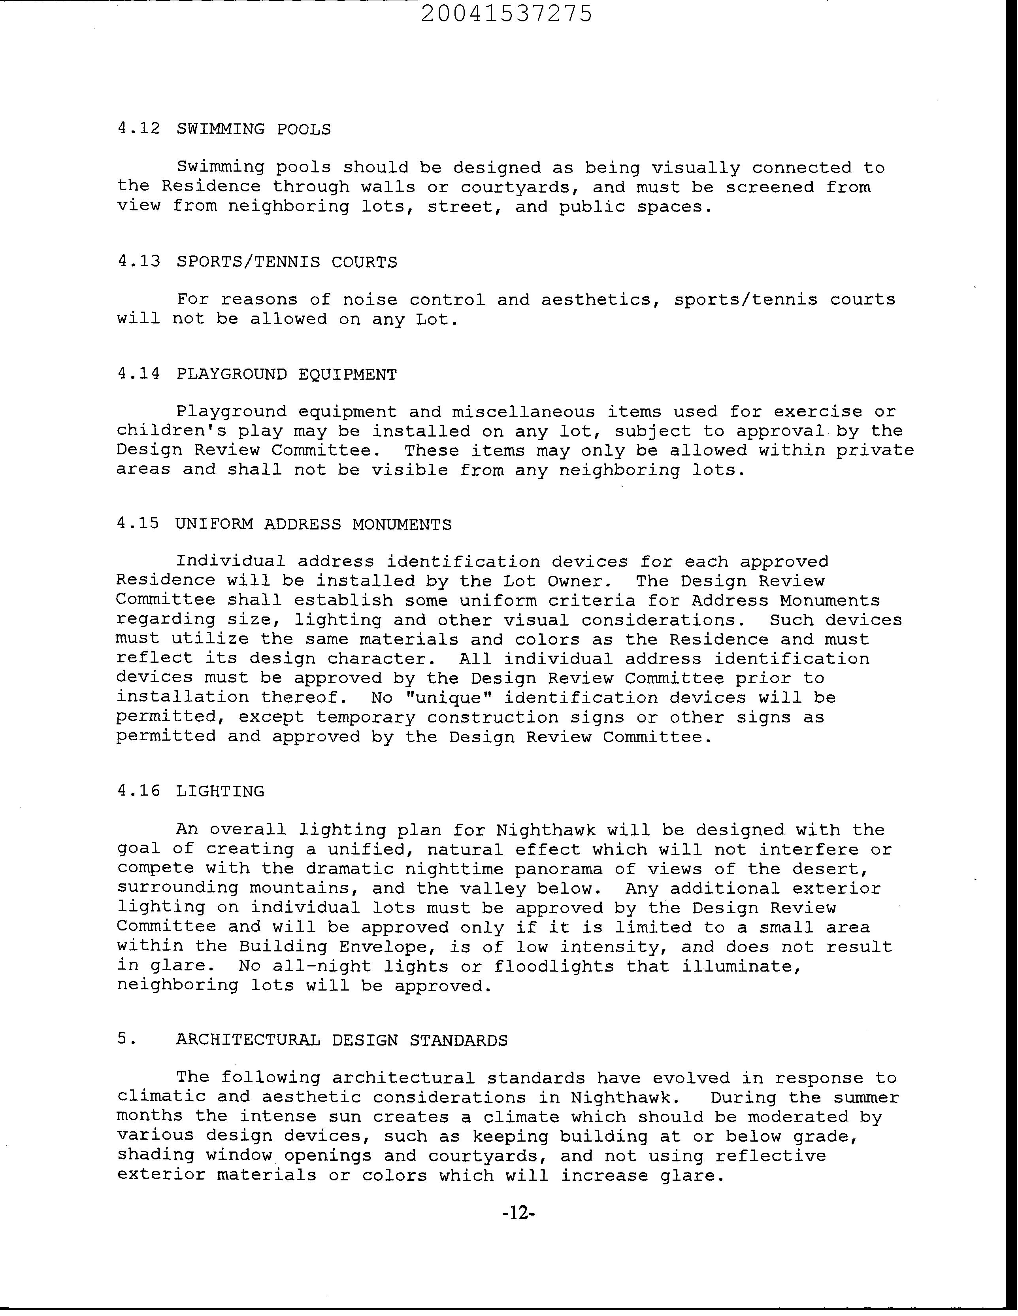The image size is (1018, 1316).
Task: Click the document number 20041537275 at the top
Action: pyautogui.click(x=506, y=14)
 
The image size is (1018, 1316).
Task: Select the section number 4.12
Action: pyautogui.click(x=139, y=129)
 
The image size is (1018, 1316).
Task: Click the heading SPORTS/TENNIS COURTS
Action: pyautogui.click(x=287, y=262)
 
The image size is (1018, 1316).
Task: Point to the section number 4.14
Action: pyautogui.click(x=139, y=374)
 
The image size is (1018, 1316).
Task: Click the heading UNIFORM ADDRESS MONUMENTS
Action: pyautogui.click(x=313, y=524)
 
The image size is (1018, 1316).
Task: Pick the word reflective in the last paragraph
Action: pyautogui.click(x=771, y=1156)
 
